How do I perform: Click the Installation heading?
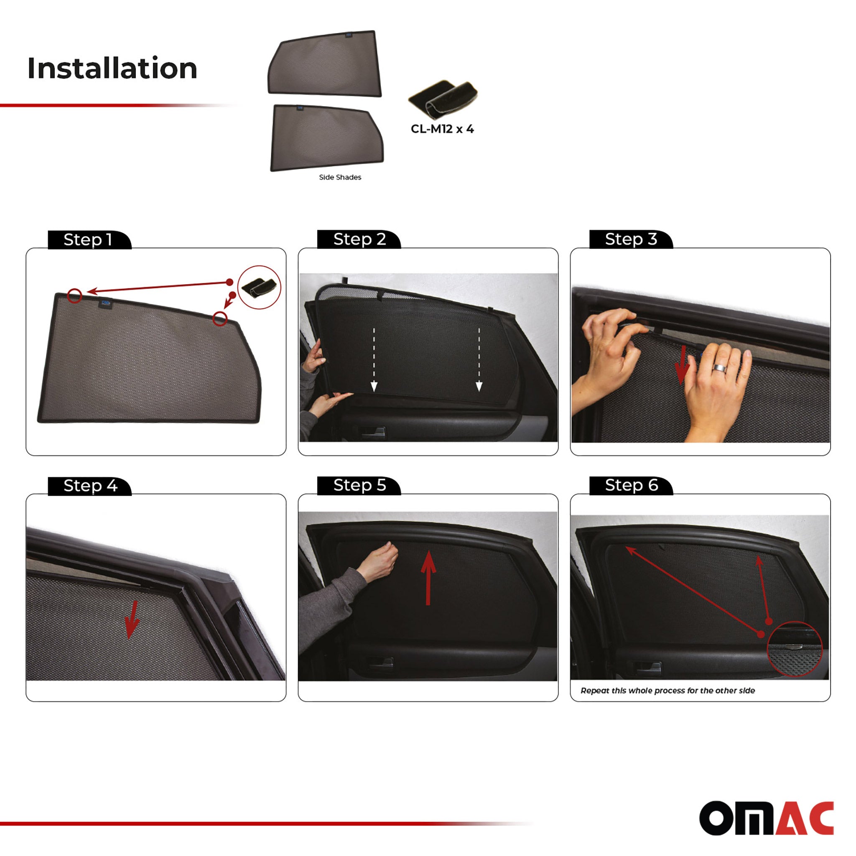[x=112, y=68]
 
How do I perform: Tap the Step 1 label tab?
[x=88, y=239]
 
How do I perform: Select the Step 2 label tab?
[x=359, y=239]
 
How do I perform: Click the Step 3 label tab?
[x=630, y=239]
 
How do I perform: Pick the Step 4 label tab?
[x=90, y=486]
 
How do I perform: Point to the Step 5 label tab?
[x=359, y=485]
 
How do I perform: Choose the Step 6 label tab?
[x=631, y=485]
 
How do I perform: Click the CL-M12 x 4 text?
[x=442, y=129]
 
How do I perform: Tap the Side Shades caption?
[x=340, y=177]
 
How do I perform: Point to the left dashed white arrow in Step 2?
[x=374, y=359]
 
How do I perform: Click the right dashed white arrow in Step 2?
[x=479, y=359]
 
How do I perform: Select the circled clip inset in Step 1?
[x=259, y=287]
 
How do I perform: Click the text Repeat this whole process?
[x=667, y=690]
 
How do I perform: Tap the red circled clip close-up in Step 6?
[x=795, y=649]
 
